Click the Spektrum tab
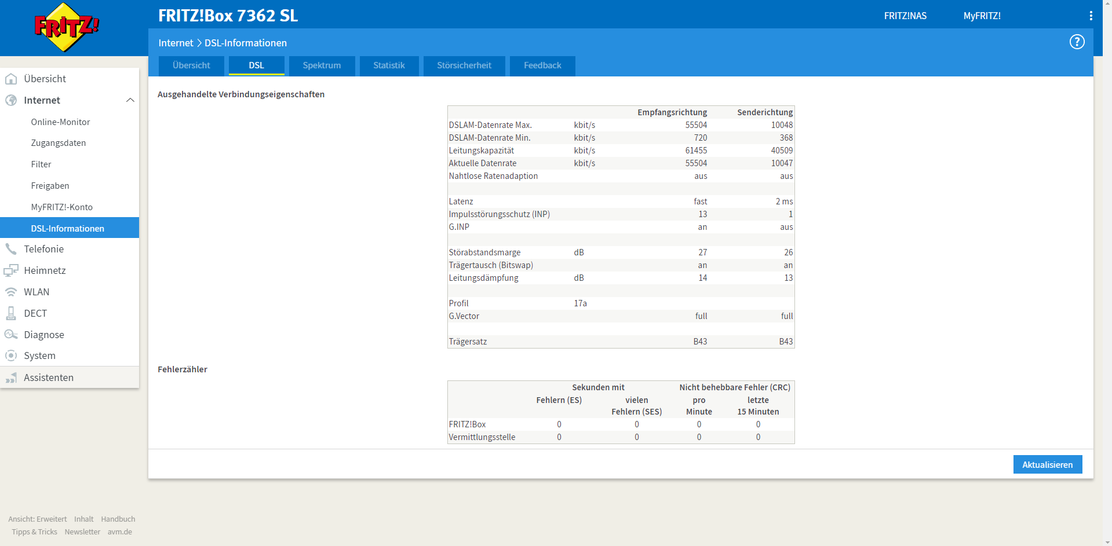coord(322,65)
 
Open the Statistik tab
coord(389,65)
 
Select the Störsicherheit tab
coord(464,65)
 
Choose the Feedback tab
coord(542,65)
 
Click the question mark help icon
coord(1077,42)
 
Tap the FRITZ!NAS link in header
coord(905,16)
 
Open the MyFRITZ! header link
coord(982,16)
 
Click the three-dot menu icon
coord(1091,16)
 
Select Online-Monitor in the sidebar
coord(60,122)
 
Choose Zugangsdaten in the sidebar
coord(59,143)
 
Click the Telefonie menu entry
coord(43,249)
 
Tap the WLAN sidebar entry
coord(37,292)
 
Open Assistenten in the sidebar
coord(49,378)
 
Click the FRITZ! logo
coord(67,27)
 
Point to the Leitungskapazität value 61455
coord(696,151)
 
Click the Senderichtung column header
coord(765,112)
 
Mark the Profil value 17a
coord(580,303)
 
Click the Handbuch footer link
coord(118,519)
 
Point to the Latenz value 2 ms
coord(784,201)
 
